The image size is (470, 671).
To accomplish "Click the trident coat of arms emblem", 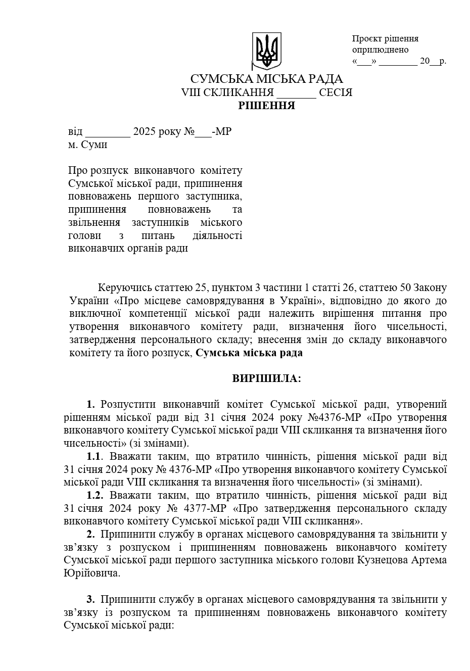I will [x=266, y=51].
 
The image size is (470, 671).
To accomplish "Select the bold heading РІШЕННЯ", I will [x=266, y=106].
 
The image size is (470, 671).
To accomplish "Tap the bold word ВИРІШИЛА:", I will [x=266, y=378].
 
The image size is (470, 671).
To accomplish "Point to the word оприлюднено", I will [x=380, y=50].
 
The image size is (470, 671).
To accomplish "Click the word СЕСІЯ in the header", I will [x=336, y=92].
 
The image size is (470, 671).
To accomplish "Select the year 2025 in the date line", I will [x=144, y=132].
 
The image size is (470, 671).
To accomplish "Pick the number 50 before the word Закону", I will [x=405, y=288].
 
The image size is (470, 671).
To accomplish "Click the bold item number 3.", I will [x=90, y=600].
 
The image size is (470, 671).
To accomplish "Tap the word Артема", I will [x=429, y=560].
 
